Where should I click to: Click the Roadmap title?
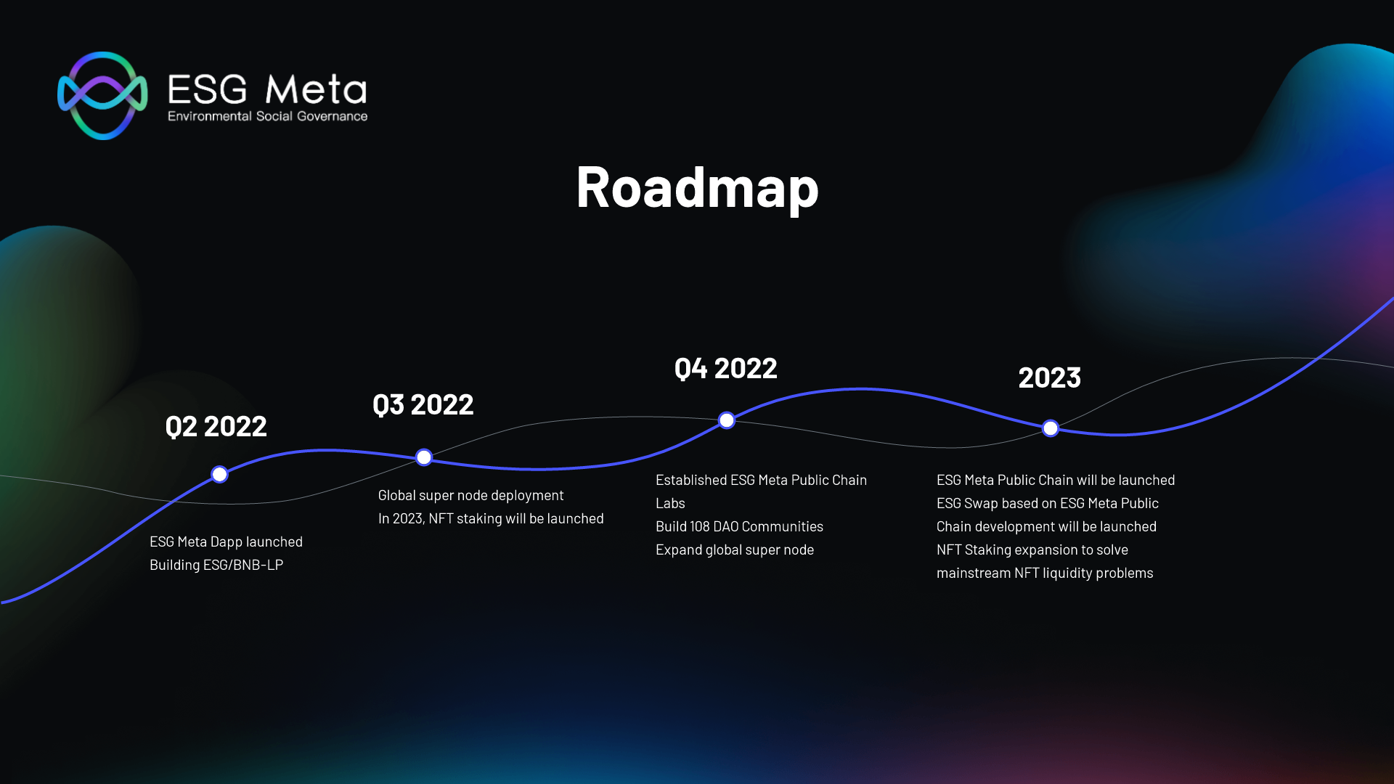click(x=697, y=188)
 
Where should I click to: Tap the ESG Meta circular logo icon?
click(x=102, y=95)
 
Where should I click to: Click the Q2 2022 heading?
click(x=216, y=426)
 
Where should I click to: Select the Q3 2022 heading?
click(x=423, y=404)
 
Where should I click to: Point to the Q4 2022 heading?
click(x=726, y=369)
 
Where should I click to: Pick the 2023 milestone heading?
click(x=1050, y=377)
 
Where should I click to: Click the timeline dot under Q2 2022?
click(x=219, y=475)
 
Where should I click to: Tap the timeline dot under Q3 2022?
click(x=424, y=457)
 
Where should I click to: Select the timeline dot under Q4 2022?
click(x=727, y=420)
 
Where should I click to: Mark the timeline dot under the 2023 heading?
click(x=1051, y=428)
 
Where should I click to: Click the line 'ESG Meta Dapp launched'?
click(x=226, y=542)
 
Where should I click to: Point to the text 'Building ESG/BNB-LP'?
click(x=216, y=565)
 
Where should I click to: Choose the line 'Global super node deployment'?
click(x=470, y=496)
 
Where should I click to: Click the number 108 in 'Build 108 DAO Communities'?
click(x=701, y=527)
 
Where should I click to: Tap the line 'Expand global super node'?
click(x=735, y=550)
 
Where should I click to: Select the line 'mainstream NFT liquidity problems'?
click(x=1045, y=573)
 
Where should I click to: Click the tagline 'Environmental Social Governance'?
click(x=267, y=116)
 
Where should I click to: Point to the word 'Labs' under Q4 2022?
click(x=670, y=504)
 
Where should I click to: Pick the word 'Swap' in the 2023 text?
click(x=981, y=504)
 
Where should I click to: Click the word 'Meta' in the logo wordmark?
click(x=317, y=90)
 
